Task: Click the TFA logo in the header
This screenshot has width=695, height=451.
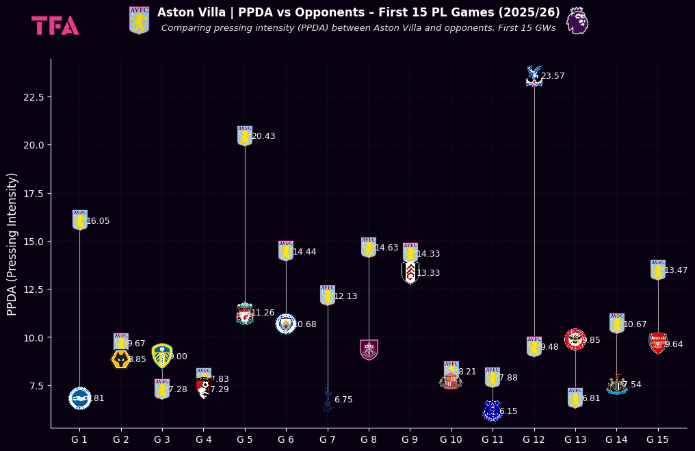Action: click(55, 25)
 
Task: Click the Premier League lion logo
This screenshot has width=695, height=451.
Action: click(577, 21)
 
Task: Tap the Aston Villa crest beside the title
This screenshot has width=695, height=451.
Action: click(139, 20)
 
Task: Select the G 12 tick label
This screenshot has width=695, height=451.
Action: click(534, 439)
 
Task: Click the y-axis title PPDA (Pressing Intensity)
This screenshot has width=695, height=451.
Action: click(12, 244)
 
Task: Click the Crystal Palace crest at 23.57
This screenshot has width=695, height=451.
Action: click(534, 76)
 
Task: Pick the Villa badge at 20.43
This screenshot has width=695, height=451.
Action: click(245, 136)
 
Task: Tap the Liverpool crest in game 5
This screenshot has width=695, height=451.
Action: click(245, 313)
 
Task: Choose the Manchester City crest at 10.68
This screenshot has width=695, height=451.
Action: click(286, 324)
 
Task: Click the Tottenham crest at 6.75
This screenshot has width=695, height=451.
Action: click(328, 400)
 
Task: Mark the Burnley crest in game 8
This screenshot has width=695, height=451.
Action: click(369, 349)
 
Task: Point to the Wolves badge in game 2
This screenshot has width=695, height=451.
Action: click(121, 359)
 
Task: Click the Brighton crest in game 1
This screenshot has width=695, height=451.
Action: click(80, 398)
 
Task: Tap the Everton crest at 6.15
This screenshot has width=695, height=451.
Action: click(493, 411)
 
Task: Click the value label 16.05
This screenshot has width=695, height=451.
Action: click(99, 221)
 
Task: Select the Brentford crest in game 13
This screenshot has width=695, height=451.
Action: click(575, 339)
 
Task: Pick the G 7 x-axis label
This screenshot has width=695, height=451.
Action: click(328, 439)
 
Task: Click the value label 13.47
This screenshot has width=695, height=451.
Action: click(676, 270)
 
